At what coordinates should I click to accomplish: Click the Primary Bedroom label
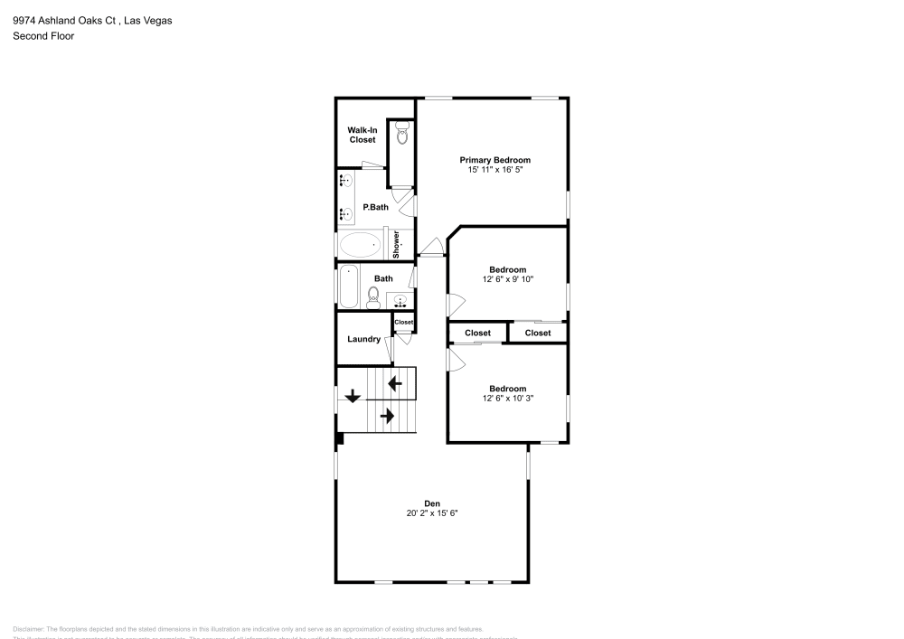point(494,160)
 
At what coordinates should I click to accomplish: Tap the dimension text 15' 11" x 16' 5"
point(494,170)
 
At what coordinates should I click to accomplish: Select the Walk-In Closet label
point(362,135)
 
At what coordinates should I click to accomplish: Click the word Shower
point(396,244)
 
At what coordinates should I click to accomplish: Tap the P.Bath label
point(375,207)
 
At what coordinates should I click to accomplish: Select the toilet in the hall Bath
point(372,296)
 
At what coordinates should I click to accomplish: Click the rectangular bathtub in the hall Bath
point(348,287)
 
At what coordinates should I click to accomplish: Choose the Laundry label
point(363,340)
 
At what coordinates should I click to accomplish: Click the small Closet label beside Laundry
point(403,323)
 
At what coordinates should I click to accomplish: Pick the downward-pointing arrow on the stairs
point(352,395)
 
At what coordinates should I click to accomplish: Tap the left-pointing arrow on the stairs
point(395,383)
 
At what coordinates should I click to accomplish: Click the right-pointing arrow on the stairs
point(387,416)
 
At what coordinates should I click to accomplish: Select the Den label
point(432,503)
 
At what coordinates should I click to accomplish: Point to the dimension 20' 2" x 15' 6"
point(432,513)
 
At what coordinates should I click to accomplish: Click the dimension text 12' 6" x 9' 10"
point(508,279)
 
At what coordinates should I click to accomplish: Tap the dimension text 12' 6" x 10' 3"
point(508,399)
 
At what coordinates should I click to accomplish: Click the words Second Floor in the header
point(43,36)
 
